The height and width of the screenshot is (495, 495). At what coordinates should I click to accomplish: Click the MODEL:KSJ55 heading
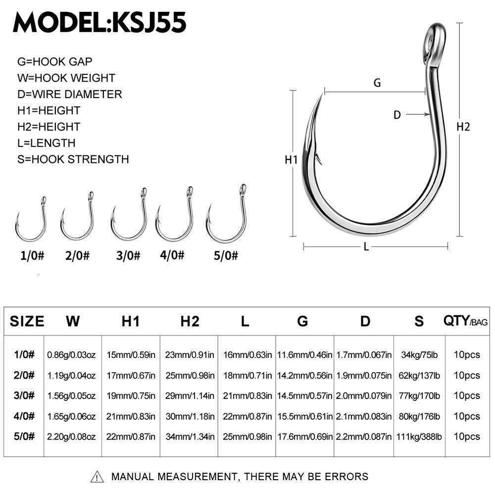click(x=99, y=22)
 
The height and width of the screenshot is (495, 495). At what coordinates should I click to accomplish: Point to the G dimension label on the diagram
click(x=377, y=83)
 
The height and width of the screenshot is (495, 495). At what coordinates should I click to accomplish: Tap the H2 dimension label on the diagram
click(x=463, y=127)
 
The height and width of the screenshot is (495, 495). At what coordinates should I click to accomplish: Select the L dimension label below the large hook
click(x=366, y=247)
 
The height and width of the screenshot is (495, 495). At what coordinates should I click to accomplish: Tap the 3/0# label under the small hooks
click(x=129, y=256)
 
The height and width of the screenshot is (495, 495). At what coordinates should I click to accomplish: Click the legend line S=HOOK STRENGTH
click(x=73, y=159)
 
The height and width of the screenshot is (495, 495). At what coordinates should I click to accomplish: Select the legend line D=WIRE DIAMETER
click(x=69, y=94)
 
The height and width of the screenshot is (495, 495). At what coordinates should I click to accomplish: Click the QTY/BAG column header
click(x=465, y=322)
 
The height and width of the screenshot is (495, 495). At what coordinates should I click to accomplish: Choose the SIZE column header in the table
click(x=27, y=321)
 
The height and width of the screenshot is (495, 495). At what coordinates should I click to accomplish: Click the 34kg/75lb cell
click(x=419, y=354)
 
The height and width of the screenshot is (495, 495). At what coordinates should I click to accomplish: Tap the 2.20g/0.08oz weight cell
click(x=72, y=437)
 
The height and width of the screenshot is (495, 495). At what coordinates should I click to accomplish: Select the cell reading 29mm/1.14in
click(x=189, y=396)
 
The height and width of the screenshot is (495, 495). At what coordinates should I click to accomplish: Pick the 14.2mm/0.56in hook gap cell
click(x=304, y=375)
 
